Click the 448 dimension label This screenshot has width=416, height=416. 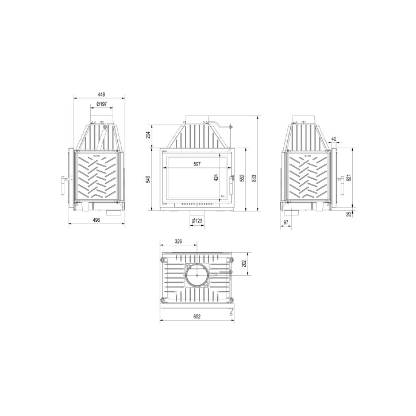[x=101, y=95]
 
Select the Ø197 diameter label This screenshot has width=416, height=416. [x=101, y=104]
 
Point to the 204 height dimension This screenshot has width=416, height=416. [x=148, y=135]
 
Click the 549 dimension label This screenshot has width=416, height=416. [x=148, y=179]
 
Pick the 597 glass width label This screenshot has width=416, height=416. [x=197, y=164]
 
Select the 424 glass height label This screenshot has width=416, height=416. [x=217, y=178]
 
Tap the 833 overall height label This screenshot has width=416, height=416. [x=254, y=178]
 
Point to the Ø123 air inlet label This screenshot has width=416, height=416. [x=197, y=220]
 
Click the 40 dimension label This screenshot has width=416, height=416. [x=333, y=138]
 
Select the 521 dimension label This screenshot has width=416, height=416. [x=348, y=178]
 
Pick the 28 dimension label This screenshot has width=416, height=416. [x=348, y=214]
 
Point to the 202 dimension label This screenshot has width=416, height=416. [x=244, y=264]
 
